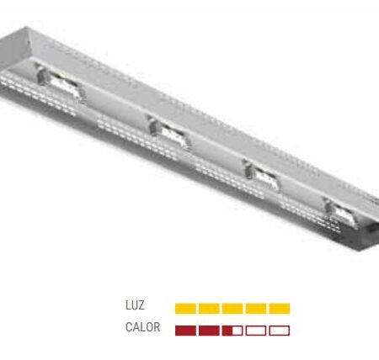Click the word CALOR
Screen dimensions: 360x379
141,328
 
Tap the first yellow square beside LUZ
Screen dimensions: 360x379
185,309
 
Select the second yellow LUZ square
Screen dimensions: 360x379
209,309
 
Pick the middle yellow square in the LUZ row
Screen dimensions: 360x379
232,309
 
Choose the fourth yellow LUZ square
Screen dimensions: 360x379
256,309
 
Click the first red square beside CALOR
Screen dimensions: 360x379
185,330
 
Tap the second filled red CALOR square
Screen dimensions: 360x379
209,330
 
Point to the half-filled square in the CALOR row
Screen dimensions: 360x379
232,330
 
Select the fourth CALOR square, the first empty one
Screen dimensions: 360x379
256,330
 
